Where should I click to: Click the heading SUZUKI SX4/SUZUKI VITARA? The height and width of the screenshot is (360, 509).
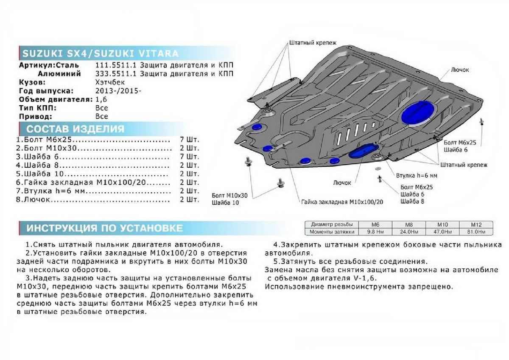click(x=100, y=53)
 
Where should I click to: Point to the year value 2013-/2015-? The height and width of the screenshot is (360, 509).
click(x=118, y=91)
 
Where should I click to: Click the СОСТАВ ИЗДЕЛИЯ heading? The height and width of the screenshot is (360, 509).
click(x=76, y=129)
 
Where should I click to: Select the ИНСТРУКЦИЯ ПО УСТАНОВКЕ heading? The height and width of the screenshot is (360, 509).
click(x=104, y=228)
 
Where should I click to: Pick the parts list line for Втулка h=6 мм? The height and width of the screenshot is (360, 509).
click(x=93, y=191)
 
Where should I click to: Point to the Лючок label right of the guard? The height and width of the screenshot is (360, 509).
click(x=460, y=70)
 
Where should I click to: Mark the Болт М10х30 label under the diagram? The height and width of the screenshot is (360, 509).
click(x=229, y=196)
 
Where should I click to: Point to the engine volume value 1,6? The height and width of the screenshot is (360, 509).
click(x=102, y=99)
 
